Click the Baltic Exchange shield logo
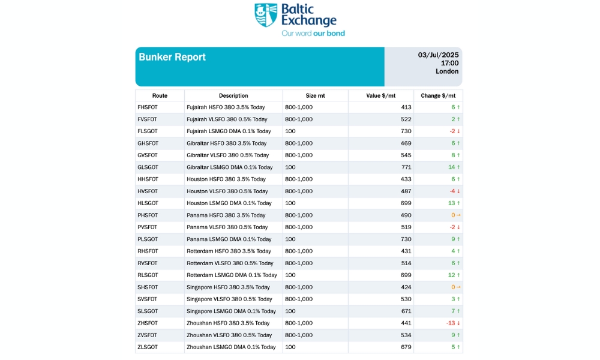266,15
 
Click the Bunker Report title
172,57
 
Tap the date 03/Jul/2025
438,55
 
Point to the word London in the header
447,71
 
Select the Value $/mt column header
380,95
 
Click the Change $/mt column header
438,95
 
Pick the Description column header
233,95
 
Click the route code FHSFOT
148,107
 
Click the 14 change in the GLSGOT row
452,167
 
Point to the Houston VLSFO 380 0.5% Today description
227,191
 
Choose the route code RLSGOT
148,275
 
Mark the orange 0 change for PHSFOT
454,215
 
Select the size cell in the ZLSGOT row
291,347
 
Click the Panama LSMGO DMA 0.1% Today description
229,239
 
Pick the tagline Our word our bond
313,34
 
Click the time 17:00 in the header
449,63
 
